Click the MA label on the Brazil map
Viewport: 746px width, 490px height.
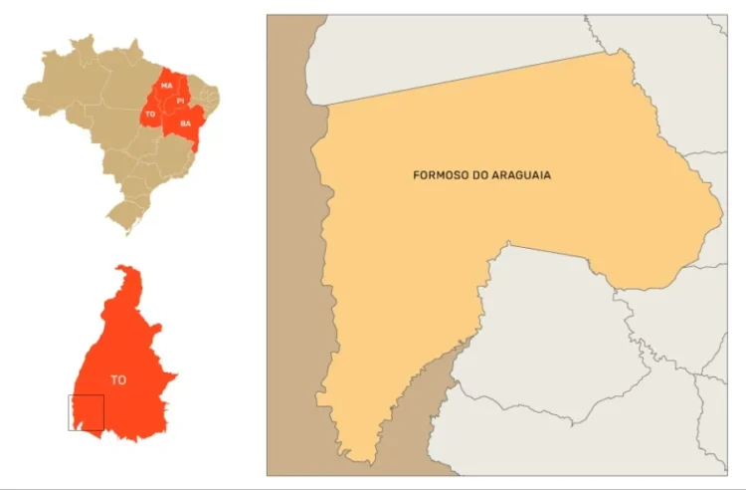(x=167, y=87)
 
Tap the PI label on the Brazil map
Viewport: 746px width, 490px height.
(x=180, y=101)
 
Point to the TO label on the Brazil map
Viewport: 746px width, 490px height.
(x=150, y=115)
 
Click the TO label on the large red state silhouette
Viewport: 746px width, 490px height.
(x=118, y=379)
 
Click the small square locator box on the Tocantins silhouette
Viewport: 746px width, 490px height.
(x=86, y=412)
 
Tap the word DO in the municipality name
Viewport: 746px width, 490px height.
(x=485, y=175)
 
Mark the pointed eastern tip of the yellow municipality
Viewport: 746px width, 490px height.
(x=720, y=213)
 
